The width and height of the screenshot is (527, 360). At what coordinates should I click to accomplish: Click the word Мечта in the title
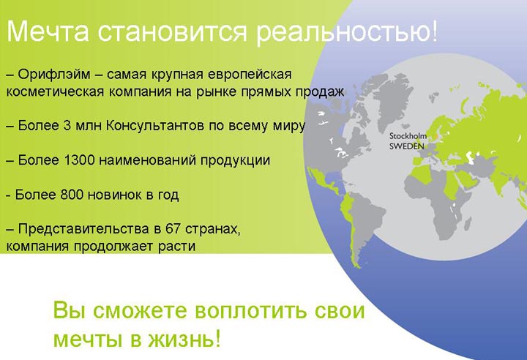pyautogui.click(x=48, y=31)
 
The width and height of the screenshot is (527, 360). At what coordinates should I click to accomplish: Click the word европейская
pyautogui.click(x=250, y=75)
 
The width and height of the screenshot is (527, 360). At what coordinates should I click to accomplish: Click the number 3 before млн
pyautogui.click(x=66, y=126)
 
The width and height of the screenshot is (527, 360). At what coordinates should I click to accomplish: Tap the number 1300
pyautogui.click(x=78, y=160)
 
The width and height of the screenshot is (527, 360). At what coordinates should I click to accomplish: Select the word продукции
pyautogui.click(x=235, y=161)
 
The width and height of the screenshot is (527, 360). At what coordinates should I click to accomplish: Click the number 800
pyautogui.click(x=72, y=195)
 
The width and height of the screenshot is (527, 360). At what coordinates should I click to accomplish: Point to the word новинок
pyautogui.click(x=115, y=195)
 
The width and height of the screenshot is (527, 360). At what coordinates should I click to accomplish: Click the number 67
pyautogui.click(x=173, y=229)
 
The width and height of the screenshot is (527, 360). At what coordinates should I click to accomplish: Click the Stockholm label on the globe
pyautogui.click(x=408, y=136)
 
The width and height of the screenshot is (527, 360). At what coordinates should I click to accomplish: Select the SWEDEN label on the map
pyautogui.click(x=407, y=146)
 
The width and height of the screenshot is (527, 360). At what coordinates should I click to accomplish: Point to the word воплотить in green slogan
pyautogui.click(x=250, y=310)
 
